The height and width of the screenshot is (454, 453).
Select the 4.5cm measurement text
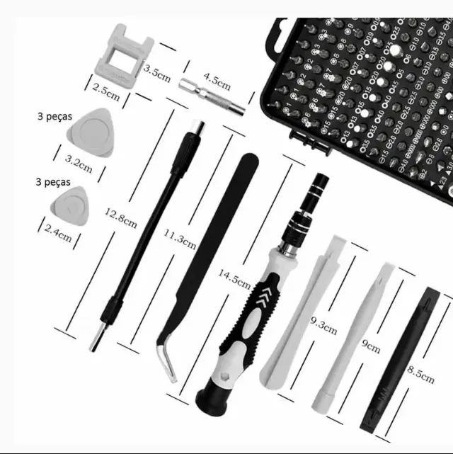pos(217,79)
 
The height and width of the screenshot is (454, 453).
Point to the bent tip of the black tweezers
pos(167,362)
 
